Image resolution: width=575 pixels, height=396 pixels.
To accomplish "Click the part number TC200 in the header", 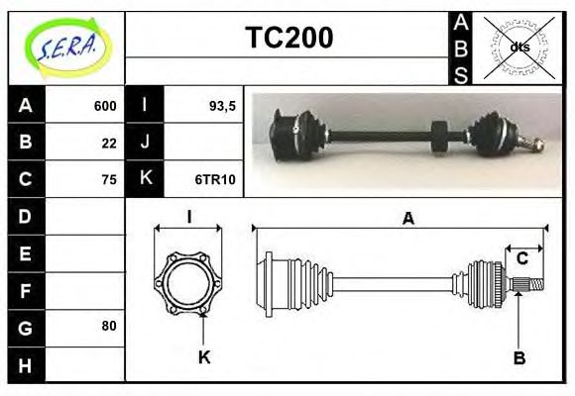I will (x=288, y=39).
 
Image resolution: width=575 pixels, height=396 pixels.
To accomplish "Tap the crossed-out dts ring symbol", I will (x=518, y=47).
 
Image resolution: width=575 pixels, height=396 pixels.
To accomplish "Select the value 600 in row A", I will (x=105, y=106).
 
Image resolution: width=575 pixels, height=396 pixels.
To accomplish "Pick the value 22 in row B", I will (x=109, y=143).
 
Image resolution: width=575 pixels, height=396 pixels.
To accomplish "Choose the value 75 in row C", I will (x=109, y=179).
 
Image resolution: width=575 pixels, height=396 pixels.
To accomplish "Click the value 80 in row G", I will (x=109, y=326).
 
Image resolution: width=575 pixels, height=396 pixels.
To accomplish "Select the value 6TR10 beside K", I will (x=215, y=179).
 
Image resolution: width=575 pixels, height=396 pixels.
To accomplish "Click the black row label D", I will (x=26, y=216).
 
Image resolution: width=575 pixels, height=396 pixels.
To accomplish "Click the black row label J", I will (x=145, y=143).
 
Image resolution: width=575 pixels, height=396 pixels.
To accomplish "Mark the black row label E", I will (x=26, y=252).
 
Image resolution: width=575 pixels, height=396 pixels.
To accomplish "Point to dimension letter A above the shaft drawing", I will (x=406, y=220).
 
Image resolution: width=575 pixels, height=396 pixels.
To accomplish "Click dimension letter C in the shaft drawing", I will (x=521, y=259).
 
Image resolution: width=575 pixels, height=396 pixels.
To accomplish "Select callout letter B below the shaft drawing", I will (x=518, y=357).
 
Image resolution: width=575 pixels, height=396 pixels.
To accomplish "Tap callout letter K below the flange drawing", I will (x=204, y=357).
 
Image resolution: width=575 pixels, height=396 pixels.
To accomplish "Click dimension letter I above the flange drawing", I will (x=188, y=218).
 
